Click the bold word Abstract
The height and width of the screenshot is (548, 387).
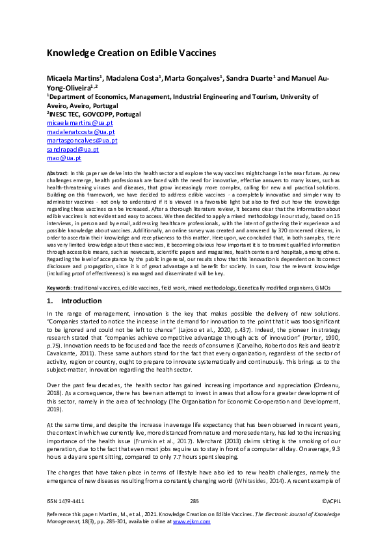58,172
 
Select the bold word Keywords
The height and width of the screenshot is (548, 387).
60,287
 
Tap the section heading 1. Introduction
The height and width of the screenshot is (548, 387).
74,301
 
